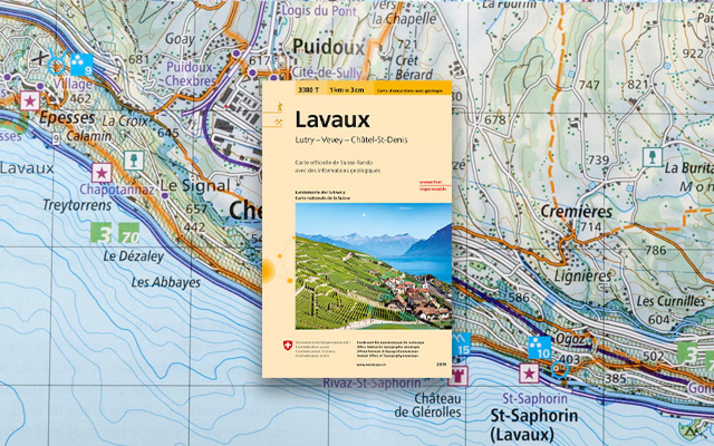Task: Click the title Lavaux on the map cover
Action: point(332,120)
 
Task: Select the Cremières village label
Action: point(576,212)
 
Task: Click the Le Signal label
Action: point(195,185)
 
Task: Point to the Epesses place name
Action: point(67,118)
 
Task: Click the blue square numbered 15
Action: point(461,345)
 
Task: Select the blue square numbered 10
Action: point(540,348)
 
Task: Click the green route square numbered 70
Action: point(129,233)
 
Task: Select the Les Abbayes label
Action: point(166,282)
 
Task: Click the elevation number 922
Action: point(693,54)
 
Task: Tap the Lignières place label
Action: point(582,276)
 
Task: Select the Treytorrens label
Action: point(77,205)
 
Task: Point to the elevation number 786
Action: point(655,250)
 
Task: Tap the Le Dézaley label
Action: point(133,256)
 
